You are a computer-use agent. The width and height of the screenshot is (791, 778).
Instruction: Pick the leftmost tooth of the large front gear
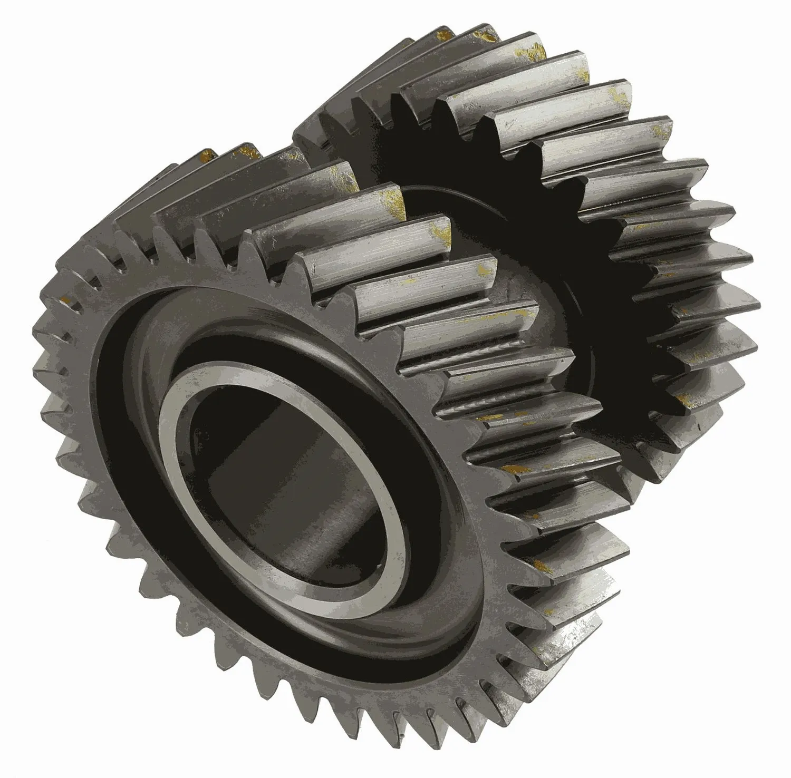(x=40, y=369)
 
